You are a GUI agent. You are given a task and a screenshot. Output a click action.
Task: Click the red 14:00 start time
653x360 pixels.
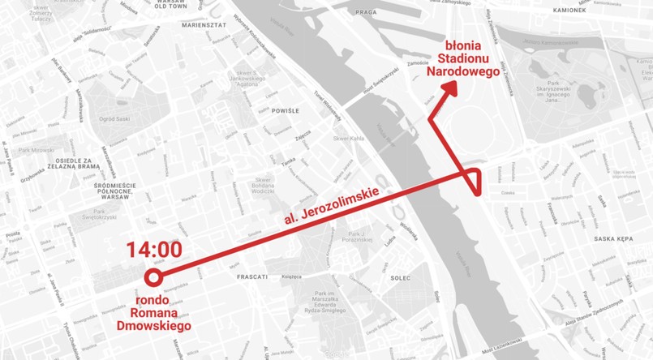[153, 250]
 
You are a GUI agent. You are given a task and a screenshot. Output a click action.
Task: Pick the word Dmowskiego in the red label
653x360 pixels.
[153, 325]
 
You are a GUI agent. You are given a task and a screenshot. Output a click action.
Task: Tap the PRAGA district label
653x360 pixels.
[367, 13]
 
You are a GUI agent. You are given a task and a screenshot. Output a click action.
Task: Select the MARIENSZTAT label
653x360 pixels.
[204, 25]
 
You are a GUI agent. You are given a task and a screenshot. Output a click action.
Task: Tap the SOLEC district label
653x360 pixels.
[400, 277]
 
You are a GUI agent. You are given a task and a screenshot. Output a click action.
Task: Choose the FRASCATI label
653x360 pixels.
[251, 277]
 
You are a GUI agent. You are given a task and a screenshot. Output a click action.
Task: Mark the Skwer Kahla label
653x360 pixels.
[346, 139]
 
